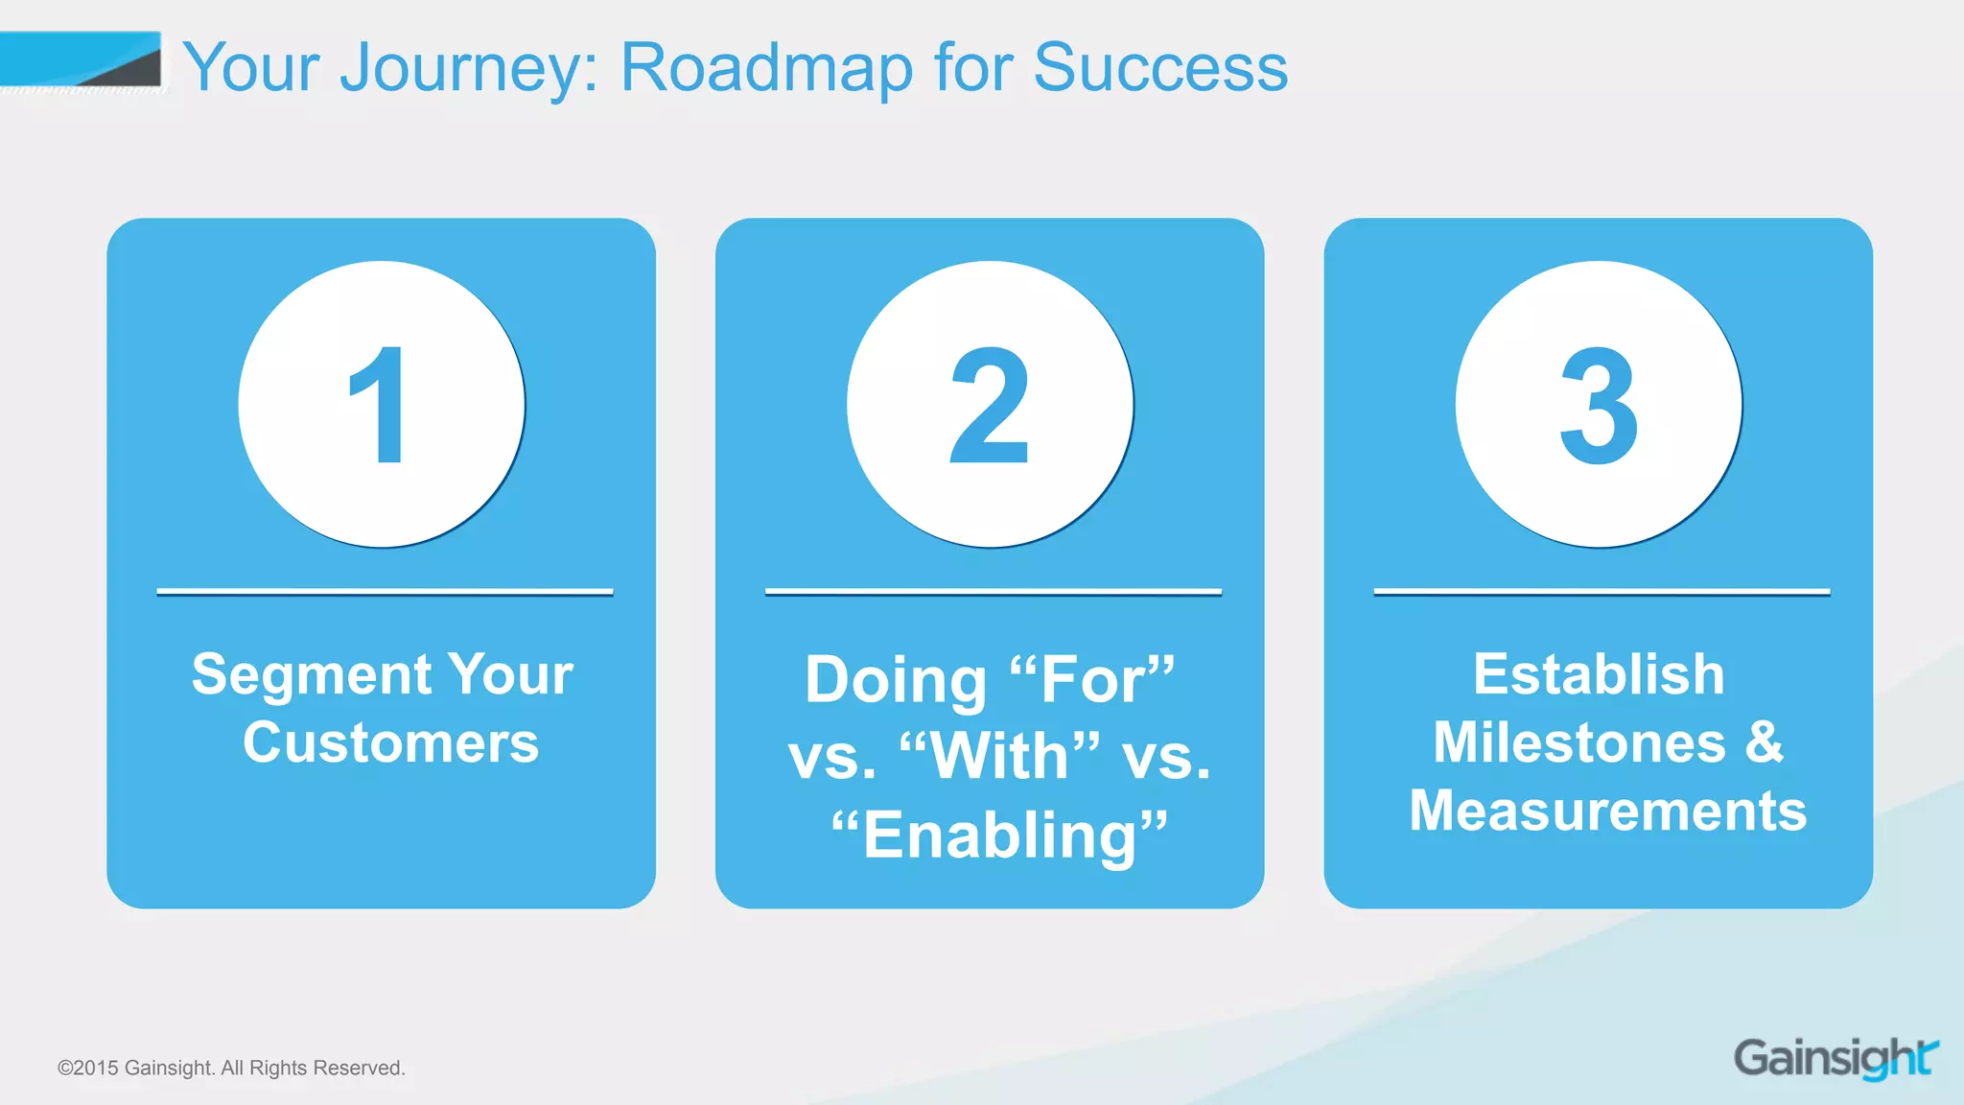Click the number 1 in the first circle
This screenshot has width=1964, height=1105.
pyautogui.click(x=380, y=406)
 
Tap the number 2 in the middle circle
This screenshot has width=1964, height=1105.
pyautogui.click(x=989, y=406)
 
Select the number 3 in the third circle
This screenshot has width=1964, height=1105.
pyautogui.click(x=1598, y=406)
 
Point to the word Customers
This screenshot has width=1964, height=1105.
pyautogui.click(x=390, y=743)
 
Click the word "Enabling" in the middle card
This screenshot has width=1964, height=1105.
pyautogui.click(x=999, y=835)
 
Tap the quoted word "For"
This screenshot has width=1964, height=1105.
pyautogui.click(x=1092, y=679)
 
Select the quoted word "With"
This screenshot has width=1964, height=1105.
pyautogui.click(x=999, y=757)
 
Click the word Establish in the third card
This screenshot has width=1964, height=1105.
pyautogui.click(x=1599, y=674)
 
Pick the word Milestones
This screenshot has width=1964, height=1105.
pyautogui.click(x=1578, y=743)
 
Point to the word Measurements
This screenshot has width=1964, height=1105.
pyautogui.click(x=1607, y=811)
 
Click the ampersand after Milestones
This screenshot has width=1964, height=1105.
pyautogui.click(x=1764, y=743)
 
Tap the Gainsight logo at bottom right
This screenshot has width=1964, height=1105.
pyautogui.click(x=1835, y=1058)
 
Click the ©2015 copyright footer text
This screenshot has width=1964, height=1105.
pyautogui.click(x=231, y=1068)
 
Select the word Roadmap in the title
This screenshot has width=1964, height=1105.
pyautogui.click(x=766, y=68)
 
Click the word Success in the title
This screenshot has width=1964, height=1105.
pyautogui.click(x=1160, y=68)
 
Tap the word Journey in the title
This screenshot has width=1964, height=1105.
pyautogui.click(x=469, y=68)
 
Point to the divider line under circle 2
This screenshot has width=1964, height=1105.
pyautogui.click(x=993, y=592)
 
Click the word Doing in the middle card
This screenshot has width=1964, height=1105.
pyautogui.click(x=896, y=679)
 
